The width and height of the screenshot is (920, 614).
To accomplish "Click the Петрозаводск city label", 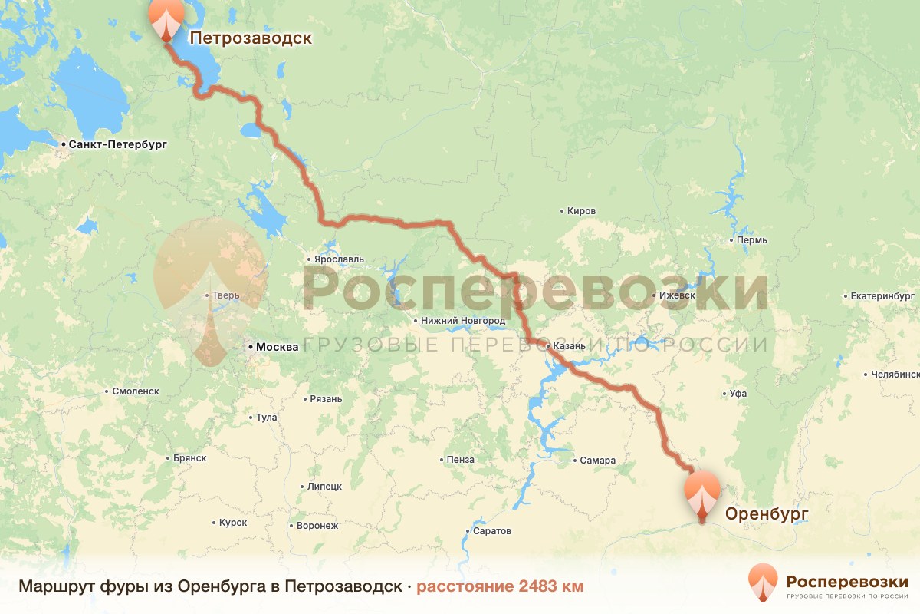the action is tap(251, 38).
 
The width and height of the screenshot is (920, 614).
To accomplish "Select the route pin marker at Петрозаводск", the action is tap(166, 18).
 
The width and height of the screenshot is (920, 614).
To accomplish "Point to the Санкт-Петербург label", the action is tap(117, 144).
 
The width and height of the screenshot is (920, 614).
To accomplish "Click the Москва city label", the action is tap(277, 347).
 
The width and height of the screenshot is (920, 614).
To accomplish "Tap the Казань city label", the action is tap(569, 346).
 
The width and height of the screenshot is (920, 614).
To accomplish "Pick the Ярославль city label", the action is tap(338, 259).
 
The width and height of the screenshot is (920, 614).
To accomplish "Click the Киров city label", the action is tap(581, 210).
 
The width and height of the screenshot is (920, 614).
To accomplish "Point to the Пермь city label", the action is tap(751, 240).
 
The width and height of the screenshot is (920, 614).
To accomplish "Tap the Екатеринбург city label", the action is tap(883, 295).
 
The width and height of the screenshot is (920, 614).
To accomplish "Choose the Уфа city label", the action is tap(738, 394).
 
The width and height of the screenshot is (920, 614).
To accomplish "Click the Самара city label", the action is tap(597, 460).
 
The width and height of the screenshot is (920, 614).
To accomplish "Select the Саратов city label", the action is tap(492, 531).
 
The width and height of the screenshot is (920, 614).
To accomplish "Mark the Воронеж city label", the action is tap(317, 526).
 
